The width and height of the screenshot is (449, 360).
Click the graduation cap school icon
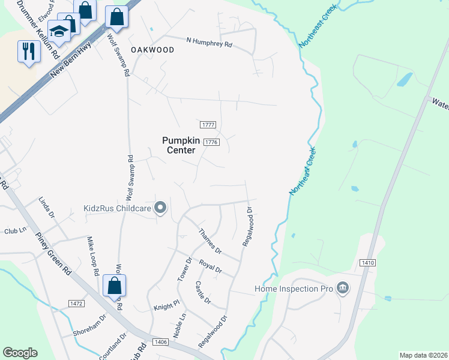59,31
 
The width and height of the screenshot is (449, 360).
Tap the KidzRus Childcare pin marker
160,209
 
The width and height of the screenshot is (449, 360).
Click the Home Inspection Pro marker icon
343,289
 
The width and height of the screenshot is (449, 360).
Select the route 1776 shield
211,142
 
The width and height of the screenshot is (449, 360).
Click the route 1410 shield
368,263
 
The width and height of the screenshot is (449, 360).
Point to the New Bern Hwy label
71,59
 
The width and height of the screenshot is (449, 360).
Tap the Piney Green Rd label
53,253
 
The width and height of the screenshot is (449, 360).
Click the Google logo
20,353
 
